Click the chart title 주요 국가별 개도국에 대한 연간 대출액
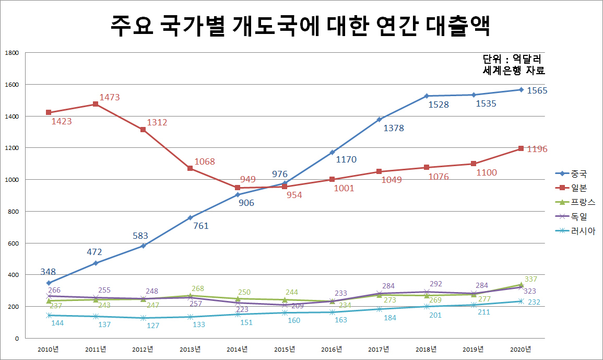click(x=300, y=26)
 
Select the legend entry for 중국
click(x=572, y=173)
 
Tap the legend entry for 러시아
click(x=575, y=231)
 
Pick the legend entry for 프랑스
click(x=575, y=202)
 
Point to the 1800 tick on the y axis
click(x=11, y=53)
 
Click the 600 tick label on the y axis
click(x=13, y=243)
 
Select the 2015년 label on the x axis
click(x=285, y=349)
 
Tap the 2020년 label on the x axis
click(x=521, y=349)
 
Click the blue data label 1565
click(x=537, y=90)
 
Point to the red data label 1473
click(x=110, y=97)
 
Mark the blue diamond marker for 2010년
click(x=49, y=283)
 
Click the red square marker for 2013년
click(x=190, y=168)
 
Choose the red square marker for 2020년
click(x=521, y=148)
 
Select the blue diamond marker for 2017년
click(x=379, y=119)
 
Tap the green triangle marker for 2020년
click(x=521, y=285)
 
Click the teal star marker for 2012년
click(x=143, y=318)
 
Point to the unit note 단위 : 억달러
click(x=512, y=59)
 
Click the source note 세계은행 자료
click(x=514, y=71)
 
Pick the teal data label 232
click(x=534, y=302)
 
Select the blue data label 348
click(x=48, y=272)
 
